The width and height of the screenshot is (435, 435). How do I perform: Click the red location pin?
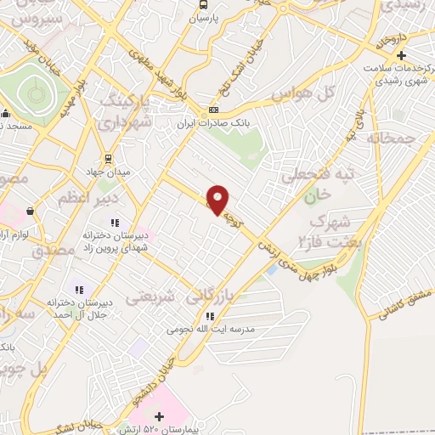[218, 200]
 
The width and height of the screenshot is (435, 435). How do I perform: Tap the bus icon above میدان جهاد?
[108, 158]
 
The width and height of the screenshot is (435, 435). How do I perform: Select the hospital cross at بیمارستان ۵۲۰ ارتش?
[159, 417]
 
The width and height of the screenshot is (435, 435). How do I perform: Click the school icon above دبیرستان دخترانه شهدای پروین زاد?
[114, 223]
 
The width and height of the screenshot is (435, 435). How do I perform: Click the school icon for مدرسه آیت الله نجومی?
[207, 316]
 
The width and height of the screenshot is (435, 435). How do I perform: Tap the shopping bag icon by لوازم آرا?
[31, 212]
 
